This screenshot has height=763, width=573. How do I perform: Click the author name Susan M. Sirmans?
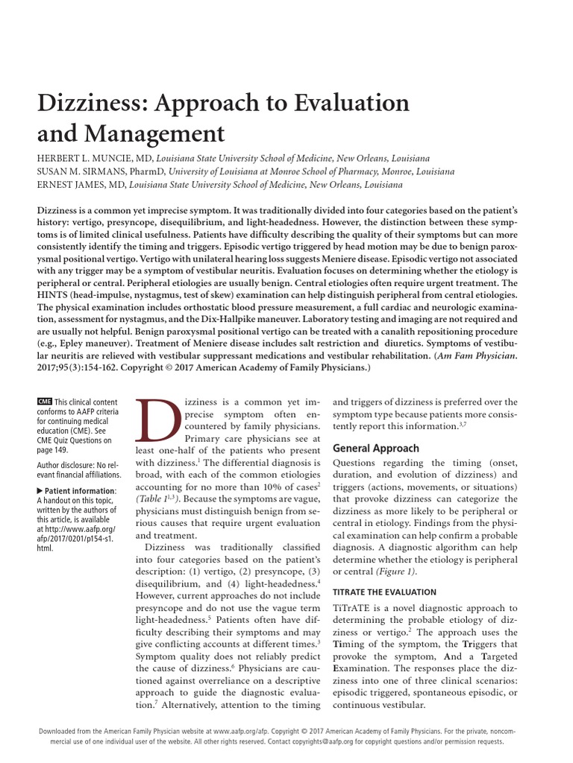81,171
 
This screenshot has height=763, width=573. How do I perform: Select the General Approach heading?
375,449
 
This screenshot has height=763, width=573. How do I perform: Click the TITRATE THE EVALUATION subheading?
384,592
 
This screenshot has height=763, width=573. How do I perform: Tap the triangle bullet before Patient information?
40,490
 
